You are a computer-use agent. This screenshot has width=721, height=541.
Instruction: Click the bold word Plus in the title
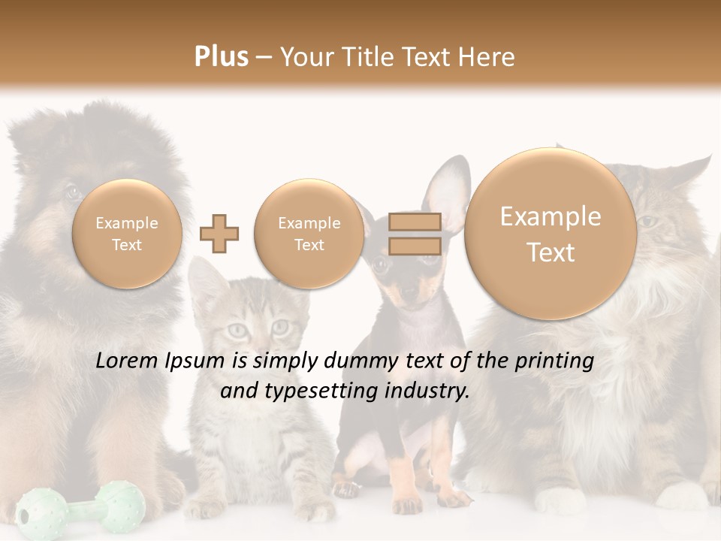[221, 57]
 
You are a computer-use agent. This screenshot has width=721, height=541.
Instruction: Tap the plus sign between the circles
[219, 234]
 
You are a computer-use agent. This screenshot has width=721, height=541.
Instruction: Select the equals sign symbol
[415, 234]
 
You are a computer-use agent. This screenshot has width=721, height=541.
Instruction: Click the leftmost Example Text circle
[126, 234]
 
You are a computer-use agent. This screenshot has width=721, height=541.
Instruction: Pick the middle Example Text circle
[309, 234]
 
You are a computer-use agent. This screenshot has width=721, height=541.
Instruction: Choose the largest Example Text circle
[551, 234]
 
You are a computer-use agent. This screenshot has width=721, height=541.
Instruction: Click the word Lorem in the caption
[128, 361]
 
